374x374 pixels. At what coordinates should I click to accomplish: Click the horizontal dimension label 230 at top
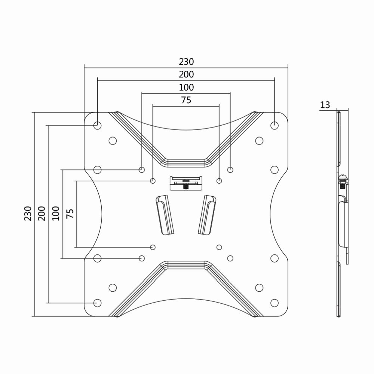(186, 61)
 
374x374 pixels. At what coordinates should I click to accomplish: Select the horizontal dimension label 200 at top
(186, 74)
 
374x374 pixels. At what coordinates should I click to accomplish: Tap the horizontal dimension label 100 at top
(186, 88)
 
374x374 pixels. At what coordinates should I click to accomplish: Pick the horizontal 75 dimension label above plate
(186, 100)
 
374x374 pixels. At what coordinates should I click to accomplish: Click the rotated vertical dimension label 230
(28, 214)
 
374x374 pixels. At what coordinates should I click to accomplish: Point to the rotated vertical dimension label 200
(42, 214)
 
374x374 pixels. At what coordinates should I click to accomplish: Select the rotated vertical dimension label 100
(56, 214)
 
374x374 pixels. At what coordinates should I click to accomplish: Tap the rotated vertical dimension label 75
(70, 214)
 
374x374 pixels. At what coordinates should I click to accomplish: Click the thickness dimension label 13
(325, 105)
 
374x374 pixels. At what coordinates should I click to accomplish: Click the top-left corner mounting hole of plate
(97, 126)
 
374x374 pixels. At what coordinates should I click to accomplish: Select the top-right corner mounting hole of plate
(275, 126)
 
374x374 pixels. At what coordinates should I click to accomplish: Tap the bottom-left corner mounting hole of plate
(97, 303)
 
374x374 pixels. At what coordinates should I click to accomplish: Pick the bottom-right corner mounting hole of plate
(275, 303)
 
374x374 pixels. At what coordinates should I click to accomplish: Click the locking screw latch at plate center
(186, 183)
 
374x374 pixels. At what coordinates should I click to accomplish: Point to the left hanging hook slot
(165, 215)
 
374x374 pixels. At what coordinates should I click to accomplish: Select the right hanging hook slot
(207, 215)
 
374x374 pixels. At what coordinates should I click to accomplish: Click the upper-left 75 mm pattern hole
(153, 181)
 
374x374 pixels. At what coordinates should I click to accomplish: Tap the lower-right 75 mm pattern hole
(219, 247)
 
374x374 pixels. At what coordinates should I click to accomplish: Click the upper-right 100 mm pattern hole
(230, 170)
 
